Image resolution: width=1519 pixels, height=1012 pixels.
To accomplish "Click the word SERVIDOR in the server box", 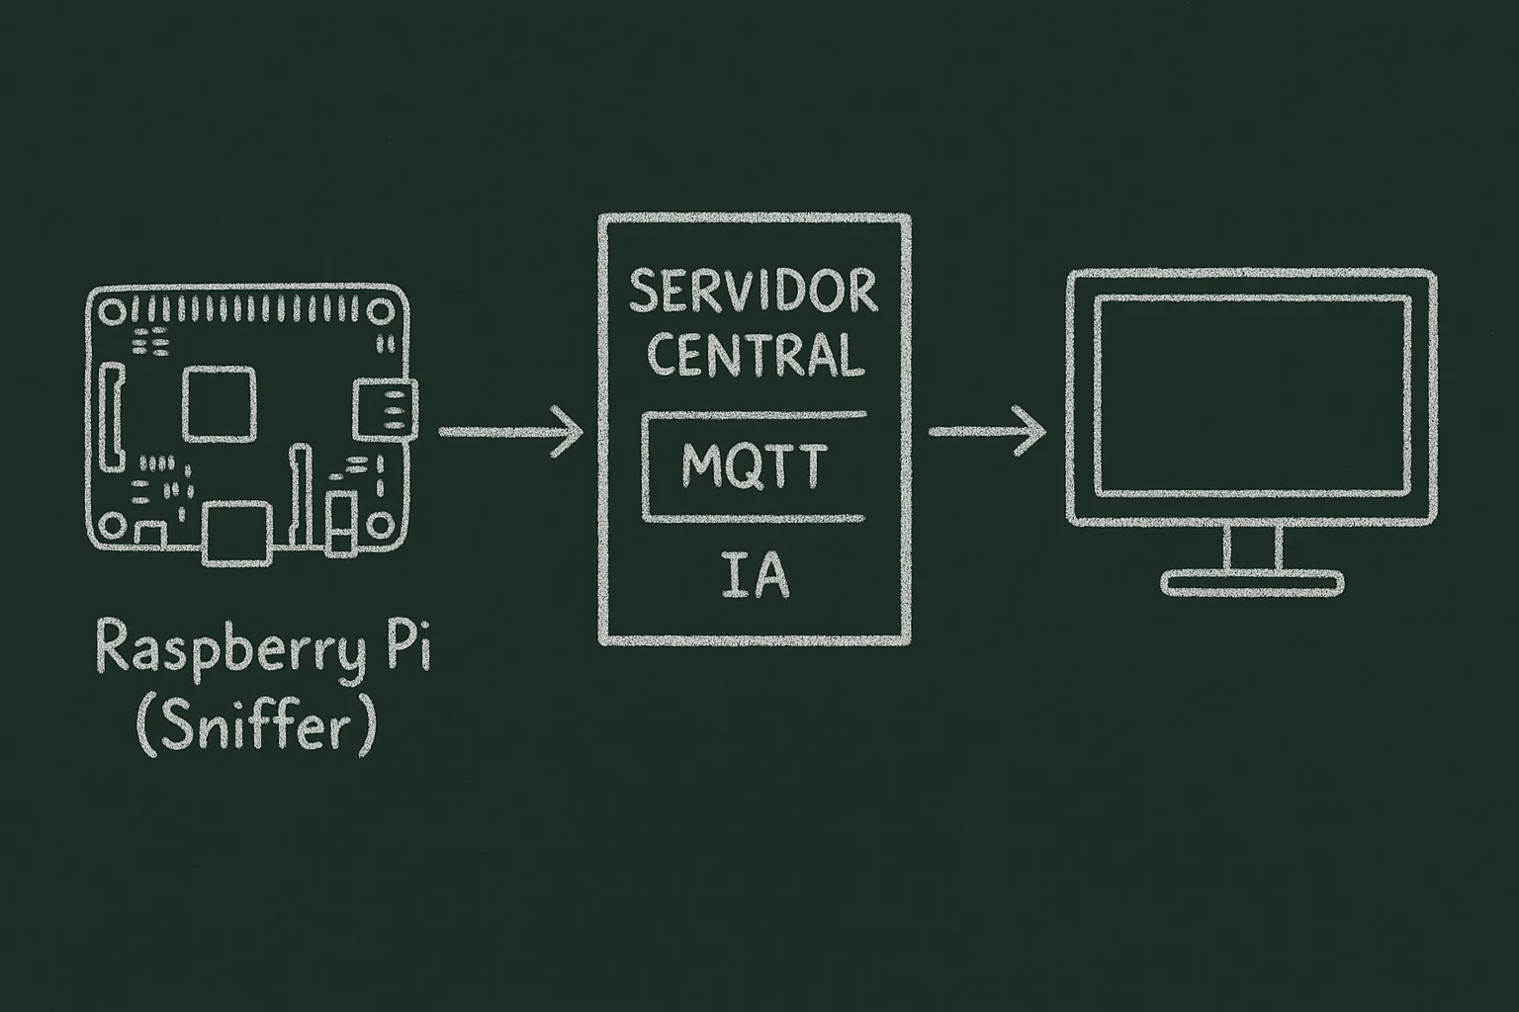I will pyautogui.click(x=754, y=292).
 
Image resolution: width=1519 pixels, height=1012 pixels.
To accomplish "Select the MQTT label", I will pyautogui.click(x=754, y=466).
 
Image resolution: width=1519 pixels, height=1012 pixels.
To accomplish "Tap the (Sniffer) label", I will pyautogui.click(x=256, y=728).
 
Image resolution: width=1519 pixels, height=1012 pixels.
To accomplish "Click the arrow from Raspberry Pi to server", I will pyautogui.click(x=510, y=431).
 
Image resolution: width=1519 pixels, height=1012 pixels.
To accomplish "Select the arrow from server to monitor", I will pyautogui.click(x=986, y=431).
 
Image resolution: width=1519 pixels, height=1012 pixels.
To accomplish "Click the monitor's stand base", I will pyautogui.click(x=1251, y=582).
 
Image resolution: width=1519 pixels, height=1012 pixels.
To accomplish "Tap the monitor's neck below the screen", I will pyautogui.click(x=1252, y=547).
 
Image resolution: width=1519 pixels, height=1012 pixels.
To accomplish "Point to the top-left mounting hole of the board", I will pyautogui.click(x=111, y=313).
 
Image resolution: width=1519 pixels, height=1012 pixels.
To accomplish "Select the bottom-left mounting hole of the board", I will pyautogui.click(x=111, y=525).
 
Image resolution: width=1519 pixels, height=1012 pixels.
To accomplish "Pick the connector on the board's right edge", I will pyautogui.click(x=385, y=407).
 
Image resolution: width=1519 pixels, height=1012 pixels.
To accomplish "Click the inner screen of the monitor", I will pyautogui.click(x=1251, y=395).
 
